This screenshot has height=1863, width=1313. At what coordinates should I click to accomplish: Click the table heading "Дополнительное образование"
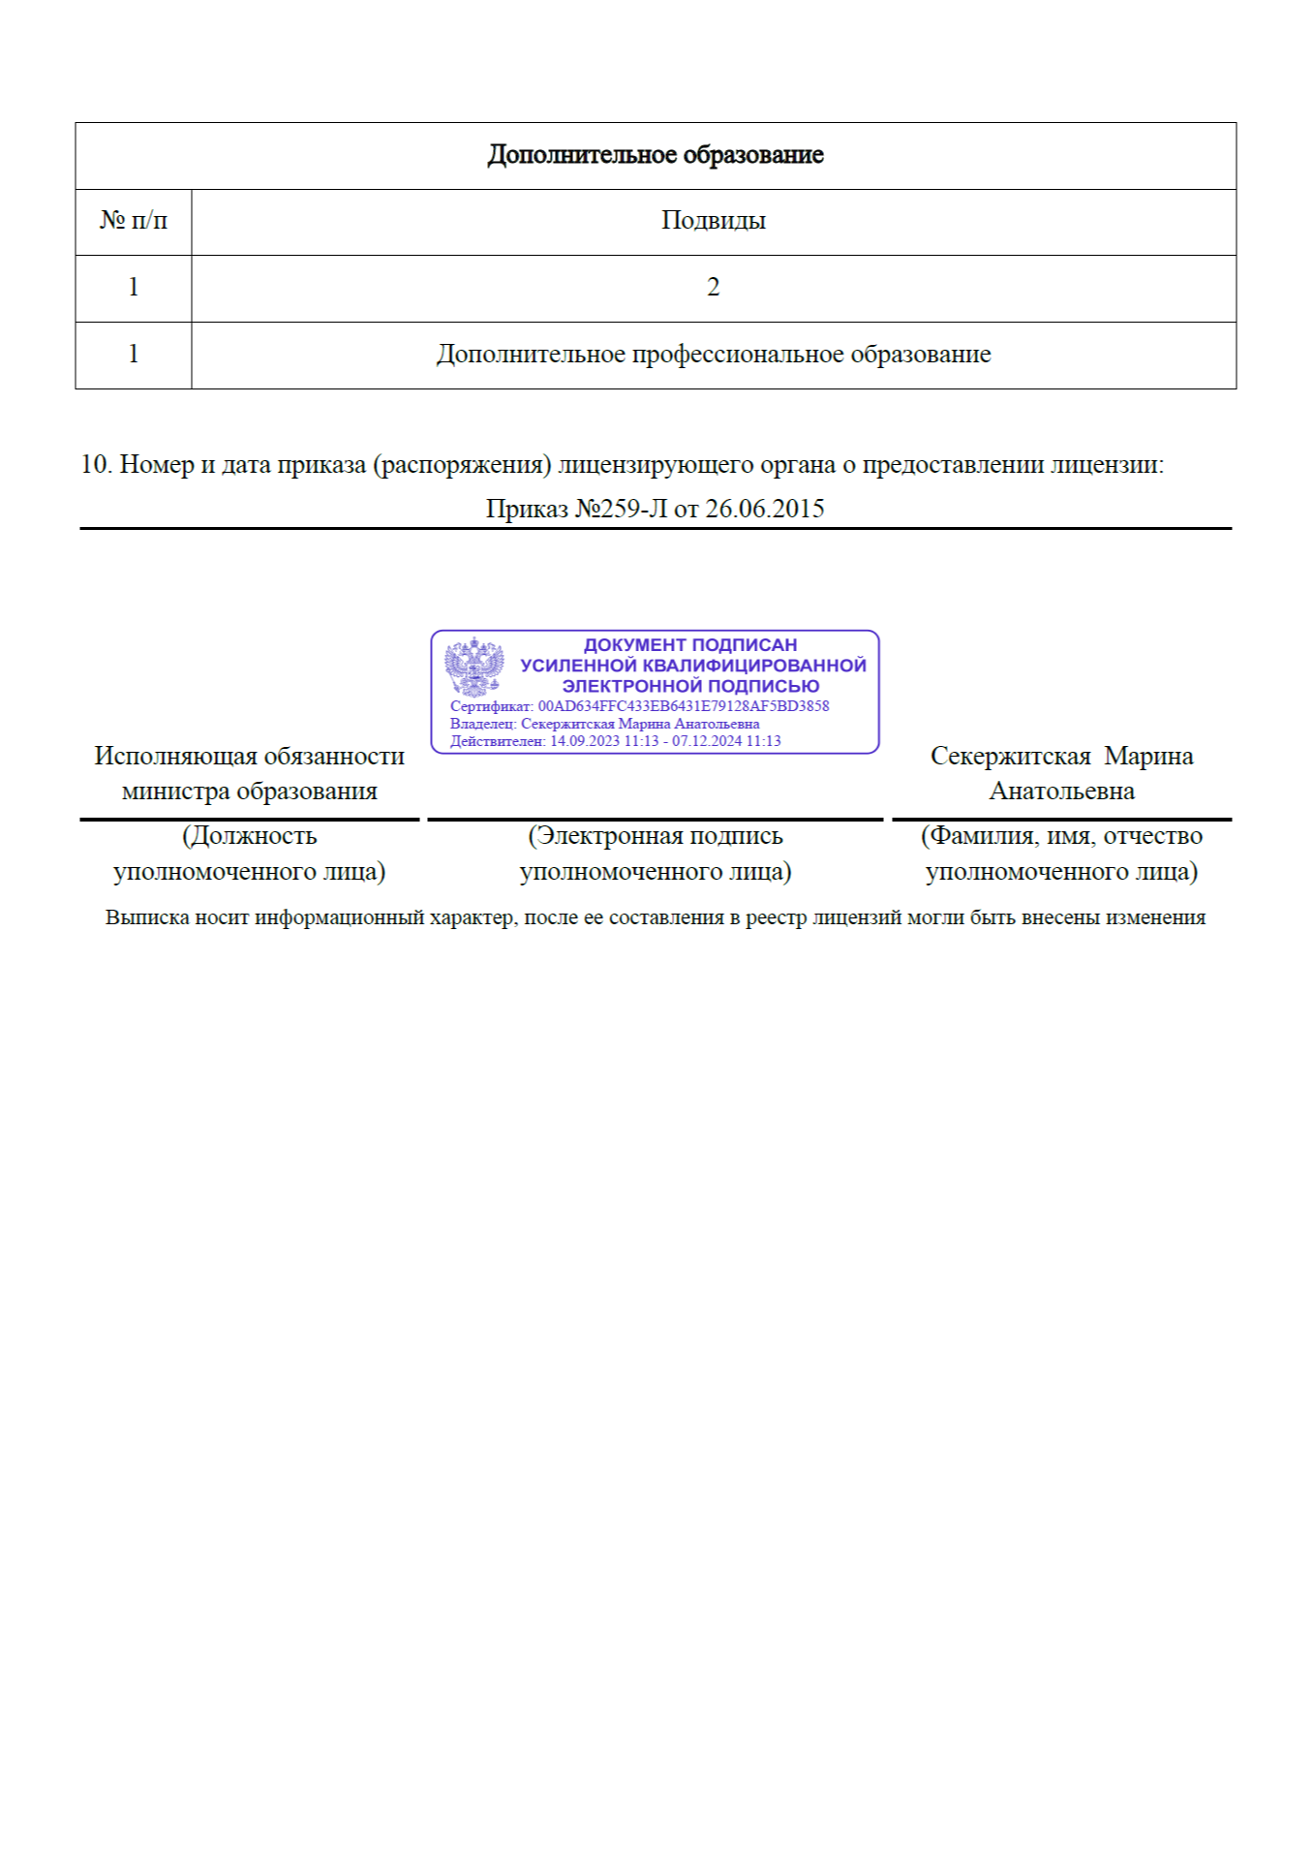tap(656, 155)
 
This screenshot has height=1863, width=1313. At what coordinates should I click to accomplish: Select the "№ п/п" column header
tap(134, 221)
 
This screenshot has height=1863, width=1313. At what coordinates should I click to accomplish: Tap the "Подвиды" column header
tap(713, 221)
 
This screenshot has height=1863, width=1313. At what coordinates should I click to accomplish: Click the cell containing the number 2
tap(713, 288)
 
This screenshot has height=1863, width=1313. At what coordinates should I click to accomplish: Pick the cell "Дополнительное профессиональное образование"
tap(713, 355)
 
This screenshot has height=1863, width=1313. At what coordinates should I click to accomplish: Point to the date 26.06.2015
tap(764, 510)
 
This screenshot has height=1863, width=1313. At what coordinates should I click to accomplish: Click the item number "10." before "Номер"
tap(96, 465)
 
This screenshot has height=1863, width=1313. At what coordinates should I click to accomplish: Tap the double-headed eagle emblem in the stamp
tap(473, 667)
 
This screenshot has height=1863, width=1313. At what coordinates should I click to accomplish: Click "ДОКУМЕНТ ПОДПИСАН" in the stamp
tap(689, 645)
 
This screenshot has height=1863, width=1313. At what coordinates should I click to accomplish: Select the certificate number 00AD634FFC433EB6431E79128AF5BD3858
tap(683, 706)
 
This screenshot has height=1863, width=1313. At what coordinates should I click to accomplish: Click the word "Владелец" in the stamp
tap(482, 724)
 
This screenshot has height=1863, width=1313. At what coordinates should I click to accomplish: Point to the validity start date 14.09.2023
tap(585, 741)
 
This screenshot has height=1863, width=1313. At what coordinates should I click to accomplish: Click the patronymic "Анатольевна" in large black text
tap(1061, 792)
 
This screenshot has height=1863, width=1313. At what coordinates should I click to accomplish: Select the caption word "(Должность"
tap(249, 836)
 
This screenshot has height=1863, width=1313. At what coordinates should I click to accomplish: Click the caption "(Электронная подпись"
tap(655, 836)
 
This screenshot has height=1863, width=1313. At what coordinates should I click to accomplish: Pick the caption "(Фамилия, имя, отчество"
tap(1061, 836)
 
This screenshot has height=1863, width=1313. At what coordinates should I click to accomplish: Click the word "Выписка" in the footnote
tap(146, 917)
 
